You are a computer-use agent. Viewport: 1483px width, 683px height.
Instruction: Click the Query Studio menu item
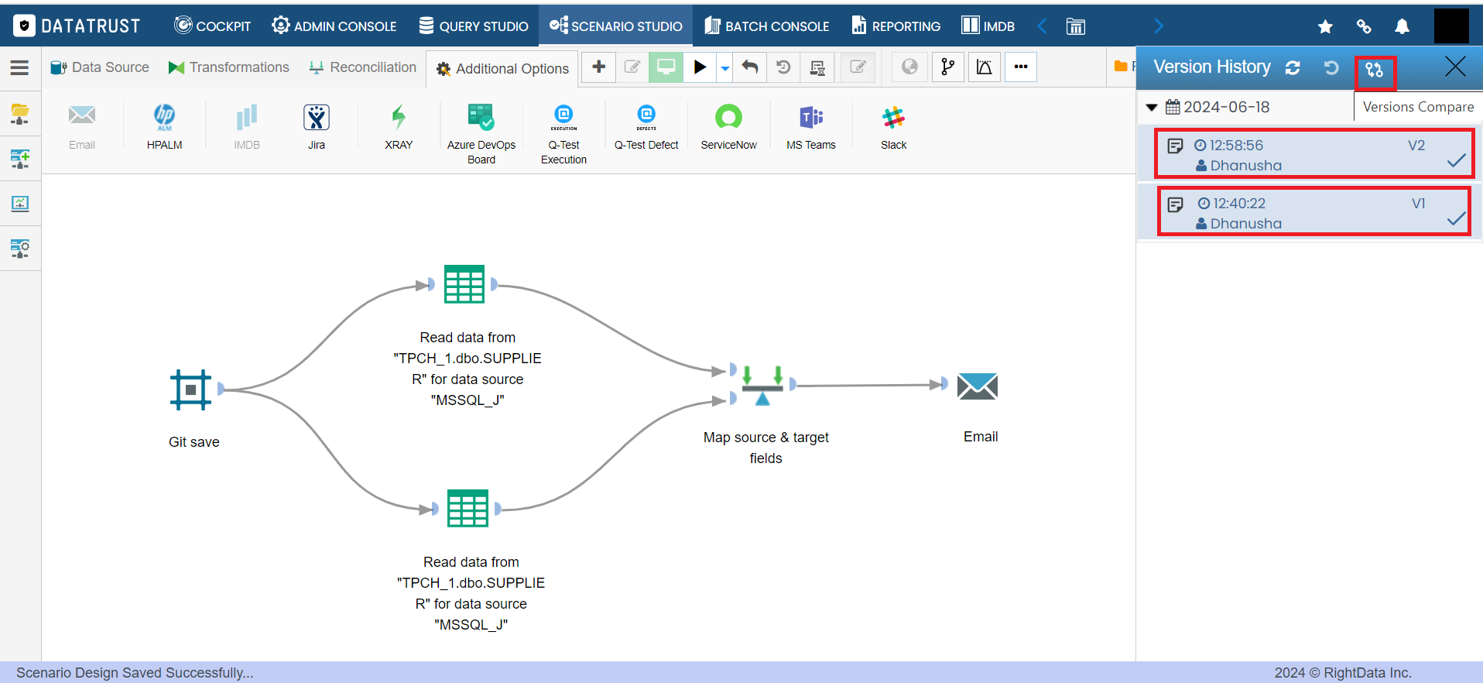[474, 26]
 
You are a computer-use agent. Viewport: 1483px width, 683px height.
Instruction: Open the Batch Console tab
[766, 26]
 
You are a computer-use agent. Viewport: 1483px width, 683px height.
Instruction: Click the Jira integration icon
[317, 118]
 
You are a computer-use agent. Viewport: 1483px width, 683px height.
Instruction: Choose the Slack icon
[893, 118]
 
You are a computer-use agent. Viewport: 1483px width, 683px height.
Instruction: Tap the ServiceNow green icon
[728, 118]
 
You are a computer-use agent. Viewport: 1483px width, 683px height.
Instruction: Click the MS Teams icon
[811, 118]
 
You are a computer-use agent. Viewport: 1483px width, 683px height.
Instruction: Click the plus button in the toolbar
[598, 67]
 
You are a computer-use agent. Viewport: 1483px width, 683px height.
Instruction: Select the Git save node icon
[190, 389]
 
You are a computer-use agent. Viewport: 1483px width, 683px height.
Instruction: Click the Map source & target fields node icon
[762, 385]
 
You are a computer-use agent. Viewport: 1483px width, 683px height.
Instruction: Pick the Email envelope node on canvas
[978, 386]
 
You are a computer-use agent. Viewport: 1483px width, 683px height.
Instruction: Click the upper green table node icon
[464, 284]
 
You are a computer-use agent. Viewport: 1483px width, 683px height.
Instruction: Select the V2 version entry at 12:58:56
[1313, 154]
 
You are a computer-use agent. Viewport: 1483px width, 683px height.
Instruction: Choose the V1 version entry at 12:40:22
[1313, 211]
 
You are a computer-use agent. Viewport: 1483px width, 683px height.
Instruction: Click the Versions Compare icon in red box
[1375, 70]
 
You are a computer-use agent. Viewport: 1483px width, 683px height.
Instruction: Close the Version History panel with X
[1455, 67]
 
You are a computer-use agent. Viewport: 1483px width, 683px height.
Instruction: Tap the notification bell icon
[1402, 26]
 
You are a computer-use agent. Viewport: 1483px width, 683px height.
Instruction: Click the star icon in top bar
[1325, 26]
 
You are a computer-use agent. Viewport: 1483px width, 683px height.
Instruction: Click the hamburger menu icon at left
[19, 67]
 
